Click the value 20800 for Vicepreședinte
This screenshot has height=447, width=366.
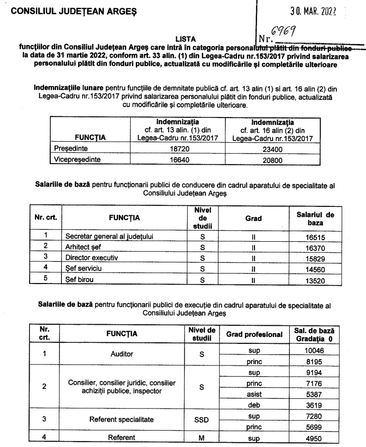[270, 159]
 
